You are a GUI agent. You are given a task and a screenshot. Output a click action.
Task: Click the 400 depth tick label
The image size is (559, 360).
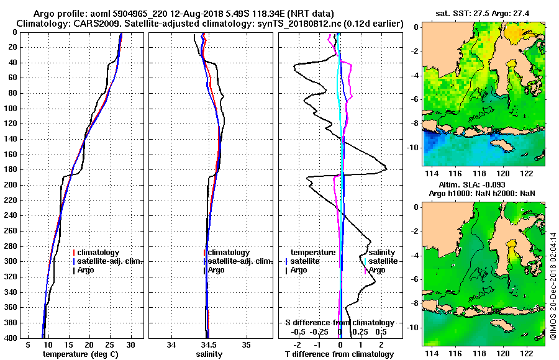coord(11,338)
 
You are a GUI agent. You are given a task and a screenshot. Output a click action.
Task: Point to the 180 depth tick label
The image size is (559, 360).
coord(11,169)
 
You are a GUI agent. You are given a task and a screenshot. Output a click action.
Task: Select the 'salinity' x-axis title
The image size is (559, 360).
coord(209,354)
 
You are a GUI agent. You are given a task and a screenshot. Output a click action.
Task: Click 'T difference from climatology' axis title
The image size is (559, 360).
coord(339,354)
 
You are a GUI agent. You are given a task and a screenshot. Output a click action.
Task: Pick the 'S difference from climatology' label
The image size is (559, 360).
coord(339,323)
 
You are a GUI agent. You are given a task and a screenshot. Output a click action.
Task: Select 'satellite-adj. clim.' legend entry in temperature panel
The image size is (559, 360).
coord(110,261)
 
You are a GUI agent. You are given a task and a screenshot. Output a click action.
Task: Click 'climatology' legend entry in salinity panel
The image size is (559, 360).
coord(229,253)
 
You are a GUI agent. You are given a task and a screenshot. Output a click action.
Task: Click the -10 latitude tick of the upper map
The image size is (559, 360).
coord(412,147)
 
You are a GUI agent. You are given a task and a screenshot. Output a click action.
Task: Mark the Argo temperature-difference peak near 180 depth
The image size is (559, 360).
coord(386,169)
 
